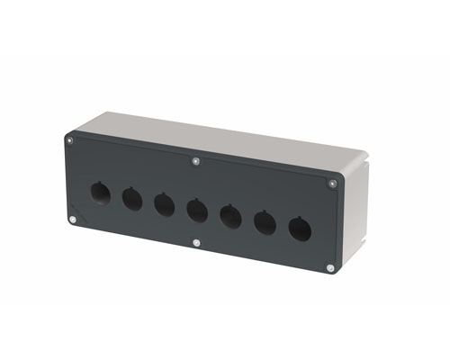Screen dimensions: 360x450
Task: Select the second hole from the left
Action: point(131,198)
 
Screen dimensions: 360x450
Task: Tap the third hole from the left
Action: point(164,204)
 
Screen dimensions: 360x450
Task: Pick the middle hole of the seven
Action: point(197,211)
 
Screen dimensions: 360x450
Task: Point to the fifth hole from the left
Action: point(230,217)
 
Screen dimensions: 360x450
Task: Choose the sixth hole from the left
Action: point(265,223)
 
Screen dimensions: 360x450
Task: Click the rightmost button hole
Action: point(299,229)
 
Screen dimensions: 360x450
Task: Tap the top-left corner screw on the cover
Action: point(70,139)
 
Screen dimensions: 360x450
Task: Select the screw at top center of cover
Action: point(196,162)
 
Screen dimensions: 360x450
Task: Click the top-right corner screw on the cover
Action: point(333,184)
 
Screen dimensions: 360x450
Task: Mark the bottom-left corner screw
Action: point(73,219)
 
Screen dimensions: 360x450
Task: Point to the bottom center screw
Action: point(196,242)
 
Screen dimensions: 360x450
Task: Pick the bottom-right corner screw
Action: point(330,267)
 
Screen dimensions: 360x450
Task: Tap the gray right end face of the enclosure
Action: point(356,211)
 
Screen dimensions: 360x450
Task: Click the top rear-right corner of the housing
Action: point(373,154)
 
